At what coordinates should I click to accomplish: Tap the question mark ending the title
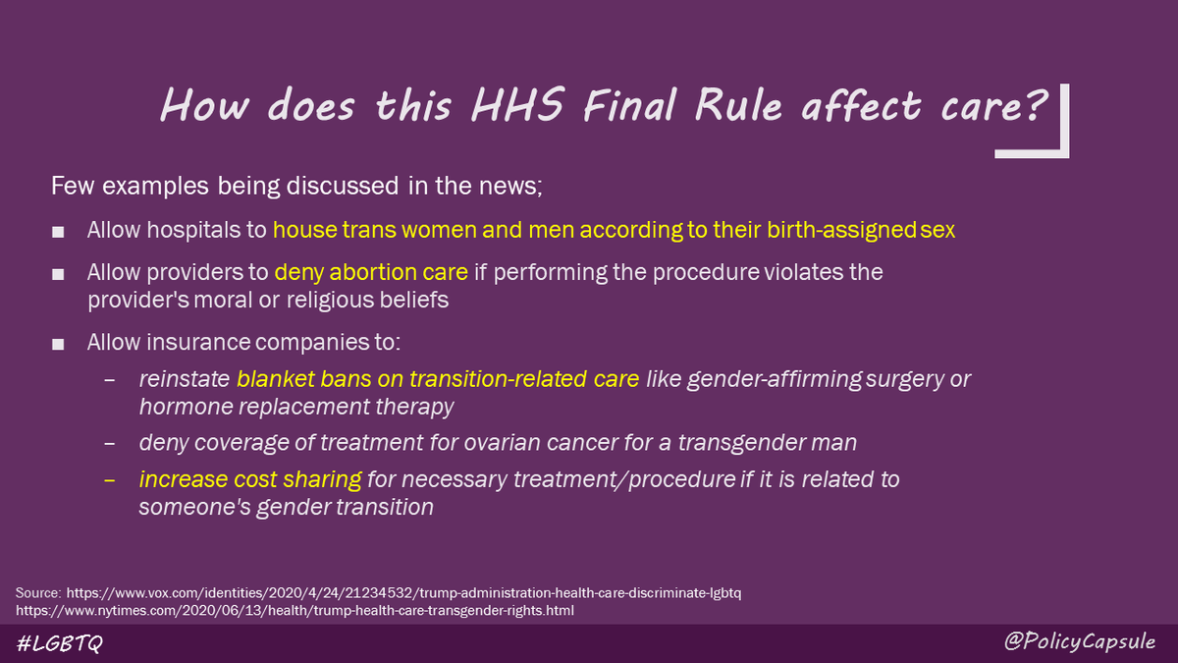tap(1031, 105)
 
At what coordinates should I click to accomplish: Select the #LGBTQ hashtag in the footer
tap(61, 643)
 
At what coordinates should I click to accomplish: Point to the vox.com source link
tap(407, 593)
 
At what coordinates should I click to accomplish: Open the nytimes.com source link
tap(294, 610)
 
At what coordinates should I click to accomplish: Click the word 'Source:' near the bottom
tap(38, 593)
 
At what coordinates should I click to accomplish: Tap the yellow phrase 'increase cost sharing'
tap(250, 480)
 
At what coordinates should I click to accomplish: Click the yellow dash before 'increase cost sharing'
tap(109, 480)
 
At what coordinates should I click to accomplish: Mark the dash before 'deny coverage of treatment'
tap(109, 443)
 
